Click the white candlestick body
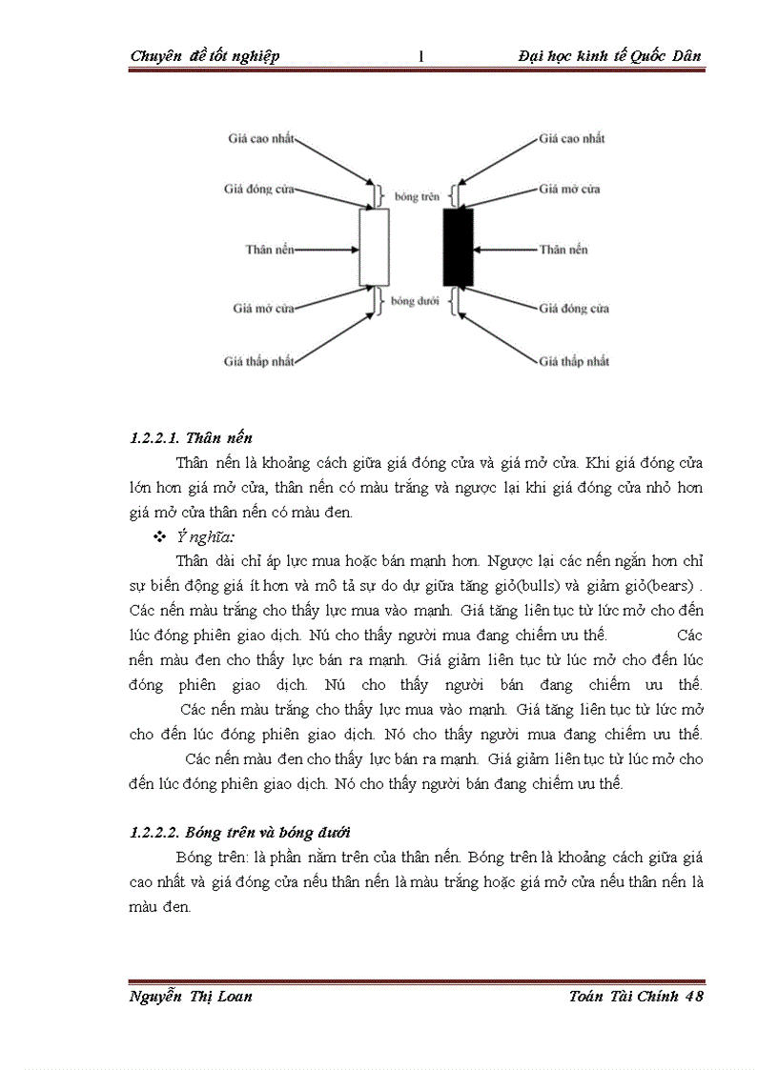pos(374,248)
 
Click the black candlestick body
pos(458,248)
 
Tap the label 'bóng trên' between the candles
pos(416,197)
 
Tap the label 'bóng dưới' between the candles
pos(416,301)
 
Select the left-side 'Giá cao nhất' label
pos(261,138)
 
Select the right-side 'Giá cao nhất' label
pos(572,138)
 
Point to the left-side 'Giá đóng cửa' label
pos(258,189)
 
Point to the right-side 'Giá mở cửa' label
pos(569,189)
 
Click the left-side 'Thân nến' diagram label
pos(269,250)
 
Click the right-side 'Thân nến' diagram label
pos(563,250)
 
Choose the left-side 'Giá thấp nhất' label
pos(259,361)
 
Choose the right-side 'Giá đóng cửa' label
pos(574,309)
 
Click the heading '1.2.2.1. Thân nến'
pos(191,438)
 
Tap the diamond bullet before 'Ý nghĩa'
pos(159,538)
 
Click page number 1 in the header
pos(420,56)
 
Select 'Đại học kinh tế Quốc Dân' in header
pos(609,56)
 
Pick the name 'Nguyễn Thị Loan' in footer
pos(191,997)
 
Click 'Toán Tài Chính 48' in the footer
pos(635,997)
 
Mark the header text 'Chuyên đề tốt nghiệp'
pos(205,56)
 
